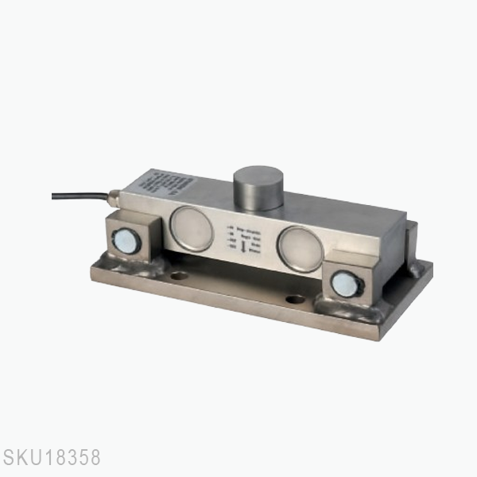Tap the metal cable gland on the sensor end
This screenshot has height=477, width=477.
click(x=116, y=194)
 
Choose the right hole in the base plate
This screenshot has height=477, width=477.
click(x=295, y=299)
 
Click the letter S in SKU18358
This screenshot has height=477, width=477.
click(x=9, y=460)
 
